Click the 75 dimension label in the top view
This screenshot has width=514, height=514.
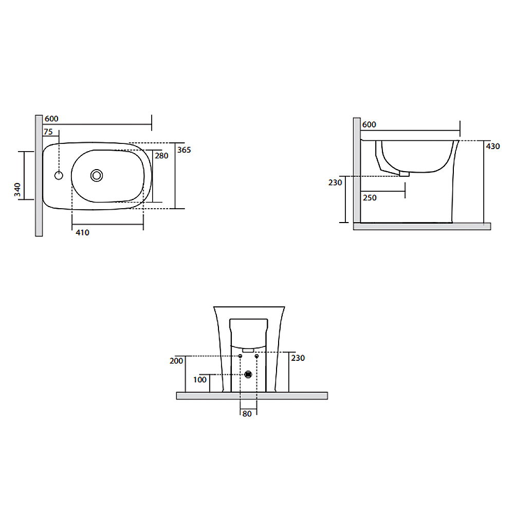(48, 132)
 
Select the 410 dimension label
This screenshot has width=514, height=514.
(82, 232)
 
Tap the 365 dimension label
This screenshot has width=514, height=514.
(184, 150)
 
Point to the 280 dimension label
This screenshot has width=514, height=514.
(161, 156)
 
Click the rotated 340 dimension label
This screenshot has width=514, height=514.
(17, 190)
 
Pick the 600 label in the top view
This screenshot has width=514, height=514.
(51, 119)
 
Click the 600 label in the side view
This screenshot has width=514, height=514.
(369, 124)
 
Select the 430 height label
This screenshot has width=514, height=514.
(493, 146)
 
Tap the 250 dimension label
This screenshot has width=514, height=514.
(370, 198)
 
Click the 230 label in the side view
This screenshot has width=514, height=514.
(335, 182)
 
